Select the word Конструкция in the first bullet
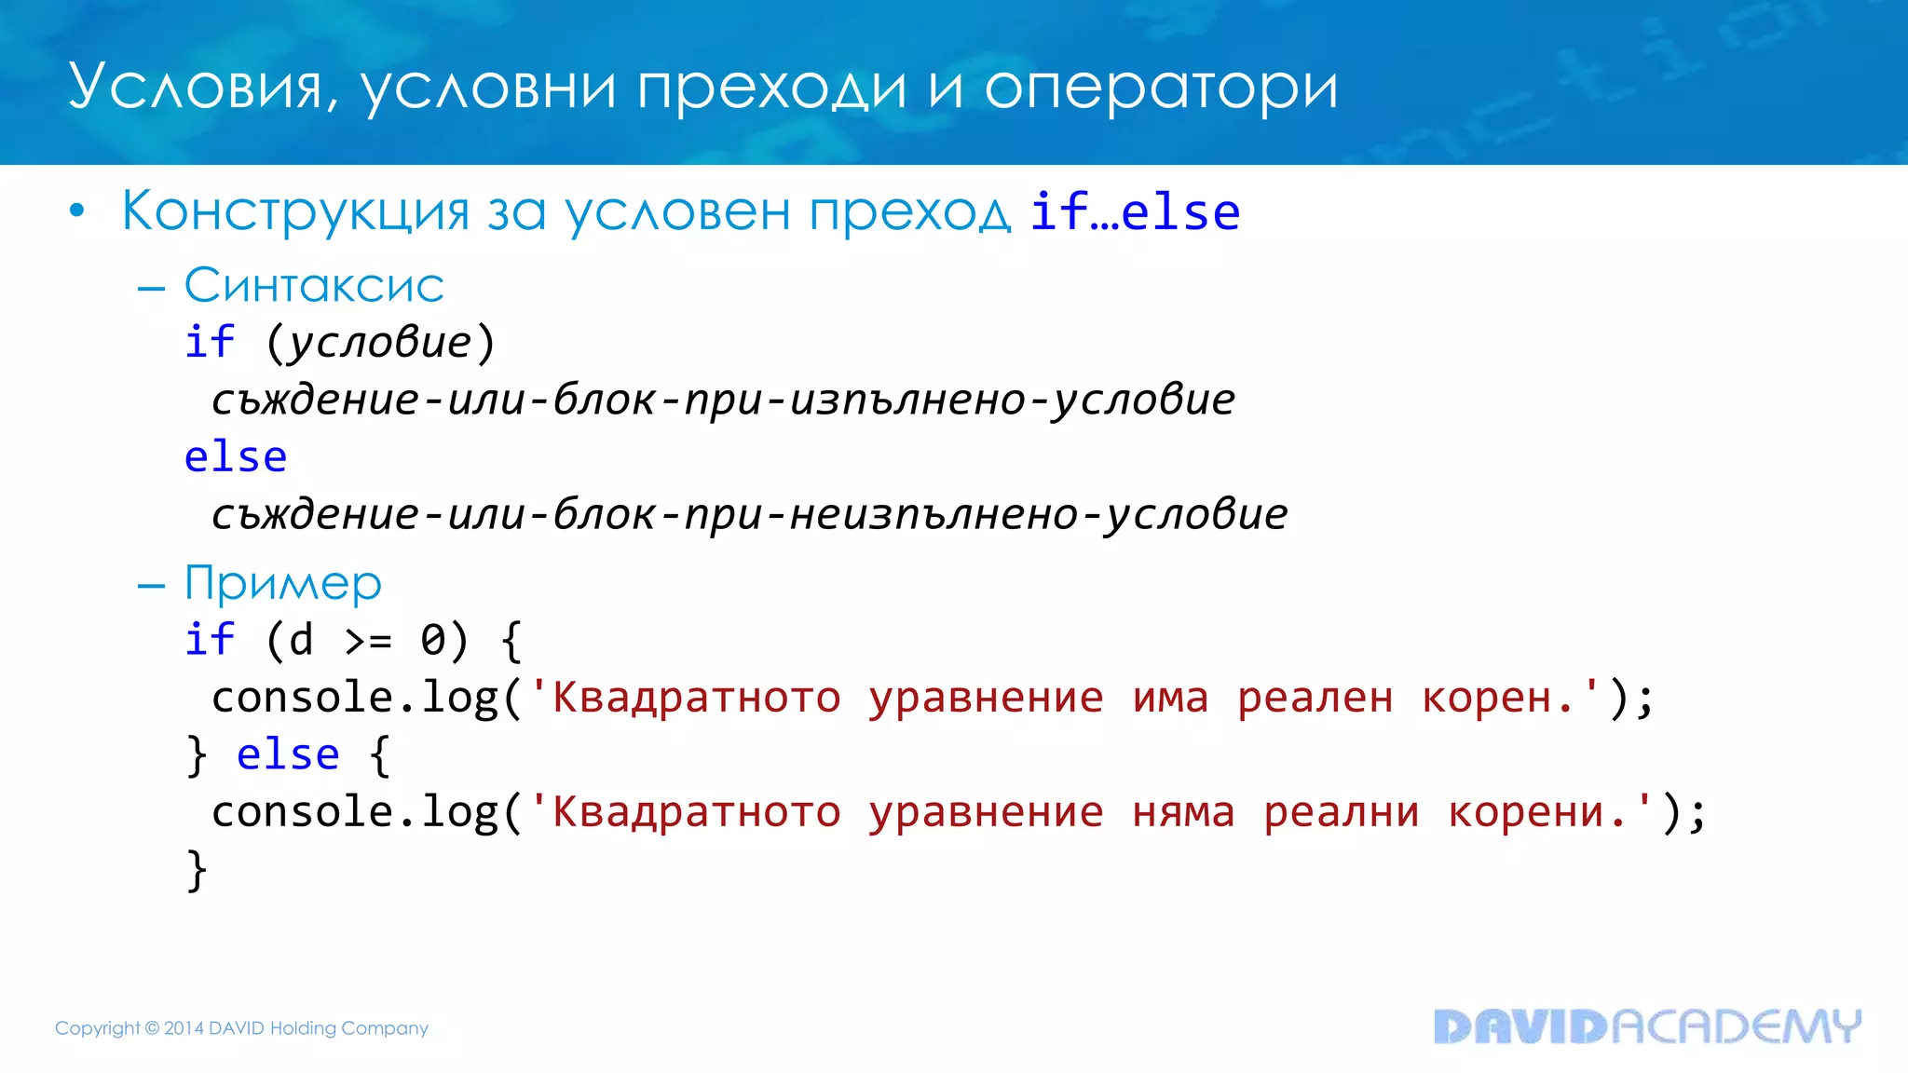pos(295,211)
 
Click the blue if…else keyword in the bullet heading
pos(1135,212)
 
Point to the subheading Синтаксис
pos(314,285)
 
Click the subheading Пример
pos(283,584)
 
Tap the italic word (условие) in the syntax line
pos(380,343)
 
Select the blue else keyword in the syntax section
pos(236,457)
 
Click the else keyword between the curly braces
pos(288,754)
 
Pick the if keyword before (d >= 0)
pos(209,640)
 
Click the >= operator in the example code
pos(368,641)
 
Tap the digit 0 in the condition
pos(433,641)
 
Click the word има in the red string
pos(1170,699)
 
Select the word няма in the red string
pos(1183,813)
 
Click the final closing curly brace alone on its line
pos(197,870)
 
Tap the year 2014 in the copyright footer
pos(184,1028)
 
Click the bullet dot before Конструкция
pos(77,211)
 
